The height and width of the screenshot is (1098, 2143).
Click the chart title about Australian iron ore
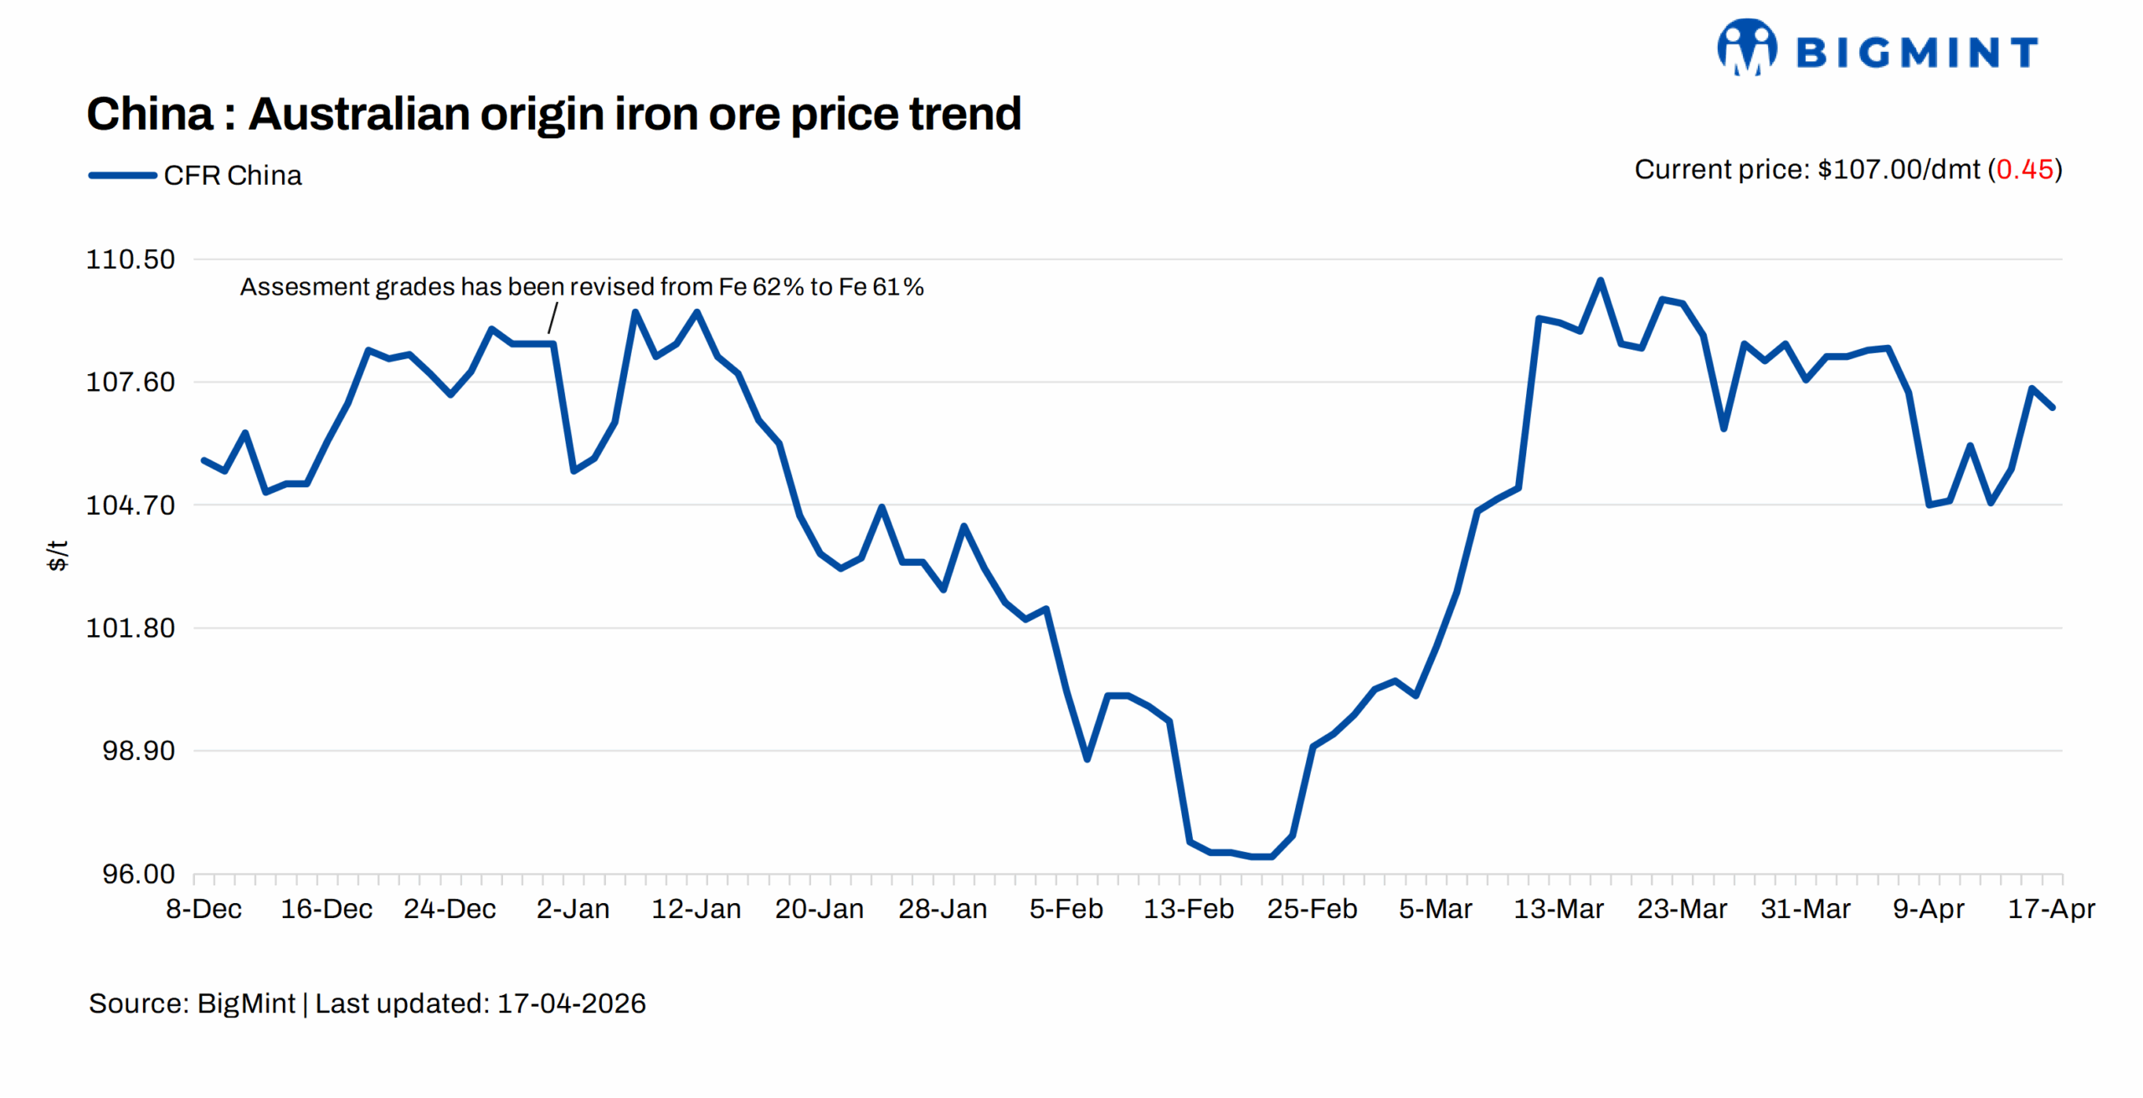(x=553, y=114)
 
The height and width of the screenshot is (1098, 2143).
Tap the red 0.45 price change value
(x=2024, y=170)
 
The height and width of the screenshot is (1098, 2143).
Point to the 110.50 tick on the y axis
(x=131, y=259)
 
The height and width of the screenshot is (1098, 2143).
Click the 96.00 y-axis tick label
(x=138, y=874)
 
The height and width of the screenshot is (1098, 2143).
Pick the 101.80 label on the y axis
(x=131, y=628)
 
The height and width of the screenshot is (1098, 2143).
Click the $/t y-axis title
(x=57, y=555)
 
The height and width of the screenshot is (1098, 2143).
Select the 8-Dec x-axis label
(x=203, y=909)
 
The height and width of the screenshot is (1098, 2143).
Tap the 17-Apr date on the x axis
(x=2051, y=909)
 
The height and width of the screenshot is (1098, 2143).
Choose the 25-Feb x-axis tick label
(x=1312, y=909)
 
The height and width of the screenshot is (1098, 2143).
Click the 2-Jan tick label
(x=573, y=909)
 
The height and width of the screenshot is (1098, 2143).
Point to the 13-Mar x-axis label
(x=1558, y=909)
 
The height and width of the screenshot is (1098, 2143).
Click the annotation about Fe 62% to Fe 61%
(x=582, y=287)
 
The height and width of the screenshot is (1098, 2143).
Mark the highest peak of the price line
(x=1600, y=280)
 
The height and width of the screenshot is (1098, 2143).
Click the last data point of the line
(x=2053, y=408)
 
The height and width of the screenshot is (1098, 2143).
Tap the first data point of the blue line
(x=203, y=460)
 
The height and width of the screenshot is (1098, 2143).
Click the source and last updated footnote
(x=367, y=1003)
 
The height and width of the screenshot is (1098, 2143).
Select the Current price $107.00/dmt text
(x=1808, y=170)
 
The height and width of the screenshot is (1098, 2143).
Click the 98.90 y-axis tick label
(x=138, y=751)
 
